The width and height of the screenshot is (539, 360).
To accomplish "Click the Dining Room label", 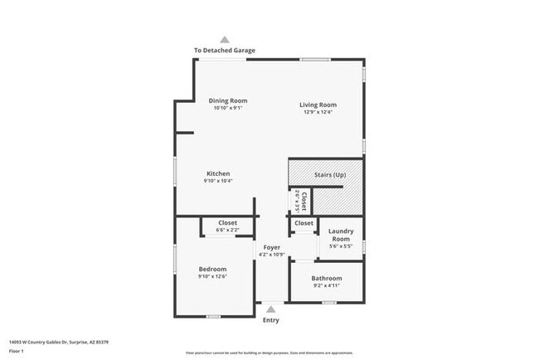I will point(227,100).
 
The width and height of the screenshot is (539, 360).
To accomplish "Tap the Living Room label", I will point(318,105).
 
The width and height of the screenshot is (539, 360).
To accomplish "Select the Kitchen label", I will point(218,173).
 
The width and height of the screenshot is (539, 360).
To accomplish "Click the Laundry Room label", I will point(341,235).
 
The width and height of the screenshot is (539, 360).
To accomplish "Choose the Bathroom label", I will point(326,278).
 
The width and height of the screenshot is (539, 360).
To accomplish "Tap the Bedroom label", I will point(212,269).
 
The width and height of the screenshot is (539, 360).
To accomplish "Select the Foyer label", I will point(272,247).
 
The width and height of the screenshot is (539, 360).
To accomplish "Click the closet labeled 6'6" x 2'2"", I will point(227,222).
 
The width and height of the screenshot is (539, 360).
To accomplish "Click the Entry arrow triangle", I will point(270,309).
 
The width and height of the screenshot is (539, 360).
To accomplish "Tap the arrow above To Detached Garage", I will point(225,38).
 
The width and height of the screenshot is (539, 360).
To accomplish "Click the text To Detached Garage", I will point(225,51).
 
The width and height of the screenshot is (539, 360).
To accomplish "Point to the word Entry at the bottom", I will point(271,320).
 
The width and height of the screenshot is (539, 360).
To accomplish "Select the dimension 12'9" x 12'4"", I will point(318,112).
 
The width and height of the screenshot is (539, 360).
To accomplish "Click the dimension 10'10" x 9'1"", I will point(227,108).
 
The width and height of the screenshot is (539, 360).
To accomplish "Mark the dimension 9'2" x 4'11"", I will point(326,285).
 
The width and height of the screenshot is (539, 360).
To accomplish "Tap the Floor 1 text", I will point(16,351).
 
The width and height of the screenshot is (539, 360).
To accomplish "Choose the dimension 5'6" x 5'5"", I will point(341,246).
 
